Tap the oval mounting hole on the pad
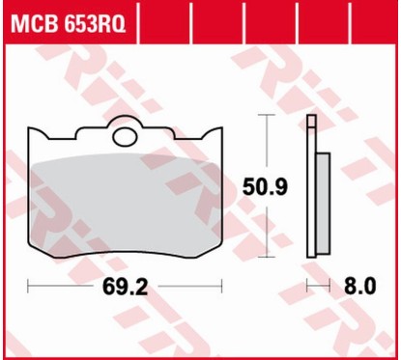click(125, 137)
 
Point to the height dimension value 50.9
click(263, 185)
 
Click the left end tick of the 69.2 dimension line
click(29, 287)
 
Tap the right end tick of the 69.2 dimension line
click(222, 287)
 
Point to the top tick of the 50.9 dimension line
click(263, 116)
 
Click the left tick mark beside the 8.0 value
click(308, 287)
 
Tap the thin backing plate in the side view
click(310, 193)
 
